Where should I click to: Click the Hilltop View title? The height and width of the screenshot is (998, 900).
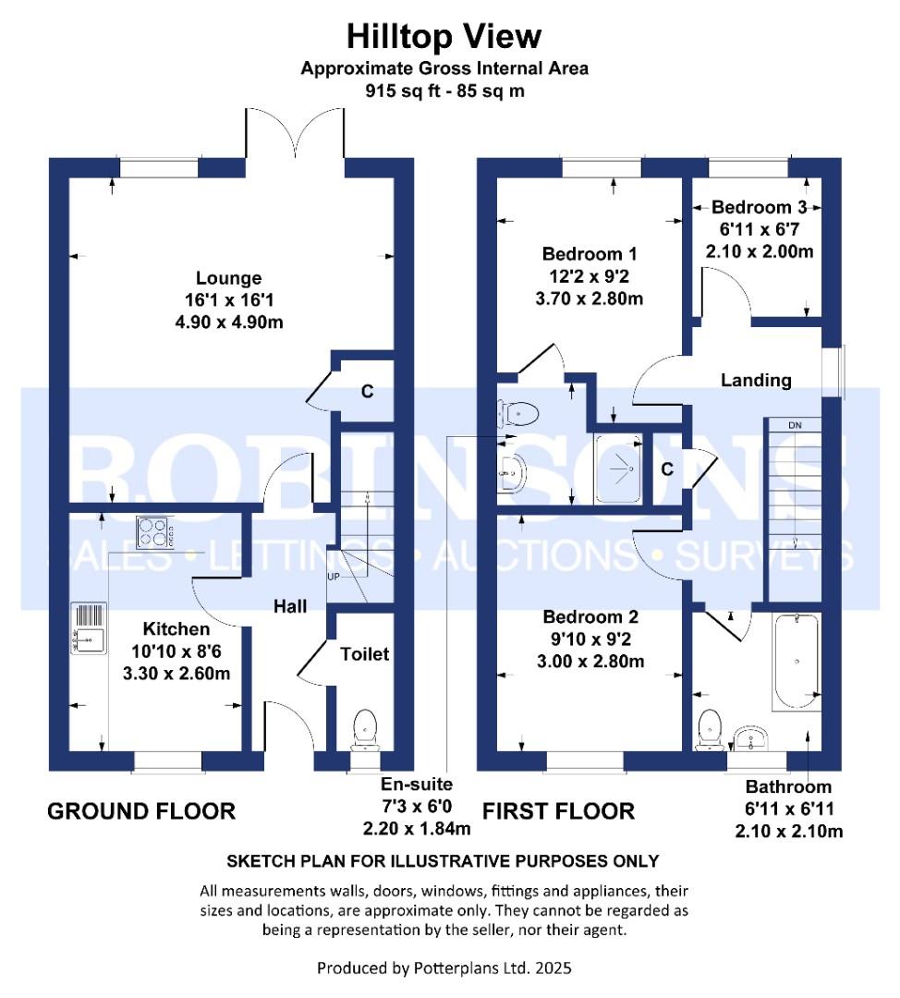(444, 36)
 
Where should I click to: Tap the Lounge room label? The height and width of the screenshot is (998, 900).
(228, 278)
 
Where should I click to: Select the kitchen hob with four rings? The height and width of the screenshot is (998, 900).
(158, 532)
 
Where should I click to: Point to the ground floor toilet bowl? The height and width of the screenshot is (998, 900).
(366, 725)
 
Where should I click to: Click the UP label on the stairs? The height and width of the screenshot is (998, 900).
(334, 578)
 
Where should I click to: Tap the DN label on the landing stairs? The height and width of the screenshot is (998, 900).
(795, 425)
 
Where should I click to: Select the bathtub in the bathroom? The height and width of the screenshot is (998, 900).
(795, 662)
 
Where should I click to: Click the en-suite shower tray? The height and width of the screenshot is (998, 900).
(621, 470)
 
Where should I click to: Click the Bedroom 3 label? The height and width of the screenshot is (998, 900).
(752, 208)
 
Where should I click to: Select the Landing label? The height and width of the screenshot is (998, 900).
(756, 380)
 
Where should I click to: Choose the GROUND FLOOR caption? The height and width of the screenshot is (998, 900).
(141, 811)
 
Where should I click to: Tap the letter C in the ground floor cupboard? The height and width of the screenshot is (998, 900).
(367, 392)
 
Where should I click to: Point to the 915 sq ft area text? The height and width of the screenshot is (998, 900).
(444, 91)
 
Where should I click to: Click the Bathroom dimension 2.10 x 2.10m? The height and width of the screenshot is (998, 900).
(788, 831)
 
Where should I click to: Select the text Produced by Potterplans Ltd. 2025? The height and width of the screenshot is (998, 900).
(444, 968)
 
